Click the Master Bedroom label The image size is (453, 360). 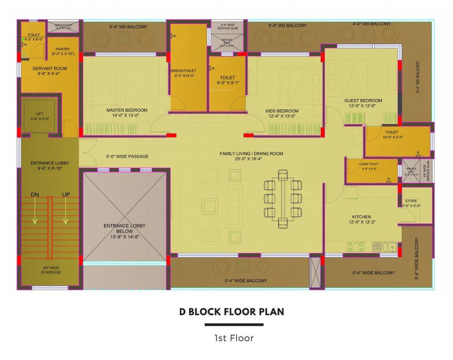(126, 111)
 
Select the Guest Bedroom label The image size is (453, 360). (363, 100)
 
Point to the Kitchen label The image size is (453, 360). (362, 217)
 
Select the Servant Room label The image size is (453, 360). (49, 68)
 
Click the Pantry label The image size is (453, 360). (62, 49)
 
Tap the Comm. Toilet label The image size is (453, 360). (369, 164)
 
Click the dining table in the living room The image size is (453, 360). (282, 198)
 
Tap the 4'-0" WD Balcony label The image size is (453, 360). (371, 23)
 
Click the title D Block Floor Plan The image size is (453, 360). (231, 311)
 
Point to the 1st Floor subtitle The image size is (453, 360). (234, 337)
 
